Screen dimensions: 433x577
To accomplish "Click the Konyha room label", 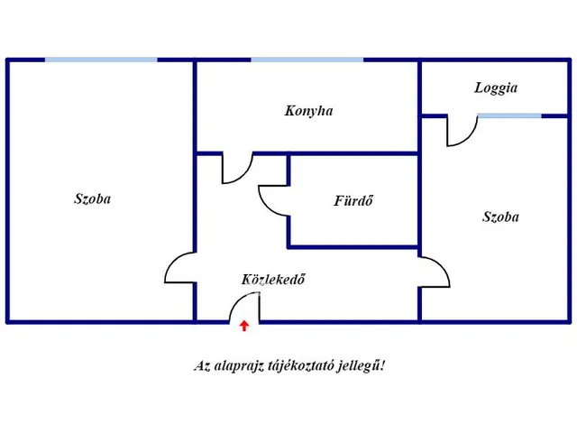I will (308, 111).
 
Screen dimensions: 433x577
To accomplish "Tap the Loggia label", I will (496, 88).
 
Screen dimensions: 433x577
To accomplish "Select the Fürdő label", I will (353, 200).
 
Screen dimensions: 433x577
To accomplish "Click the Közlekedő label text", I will (273, 280).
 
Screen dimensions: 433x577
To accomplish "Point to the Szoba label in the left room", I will (92, 198).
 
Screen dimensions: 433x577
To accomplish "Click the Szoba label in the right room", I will (500, 216).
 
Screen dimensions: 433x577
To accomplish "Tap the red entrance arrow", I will (244, 326).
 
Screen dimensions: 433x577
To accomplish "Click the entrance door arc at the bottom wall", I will (243, 309).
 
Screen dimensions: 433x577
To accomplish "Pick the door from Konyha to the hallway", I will (238, 169).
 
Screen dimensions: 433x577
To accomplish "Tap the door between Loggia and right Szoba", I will (462, 132).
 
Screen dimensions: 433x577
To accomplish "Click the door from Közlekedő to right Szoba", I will (435, 272).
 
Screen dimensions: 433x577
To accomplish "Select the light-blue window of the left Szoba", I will (101, 60).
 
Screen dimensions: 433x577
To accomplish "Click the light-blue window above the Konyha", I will (307, 60).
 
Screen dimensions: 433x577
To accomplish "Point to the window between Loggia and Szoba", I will (509, 115).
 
